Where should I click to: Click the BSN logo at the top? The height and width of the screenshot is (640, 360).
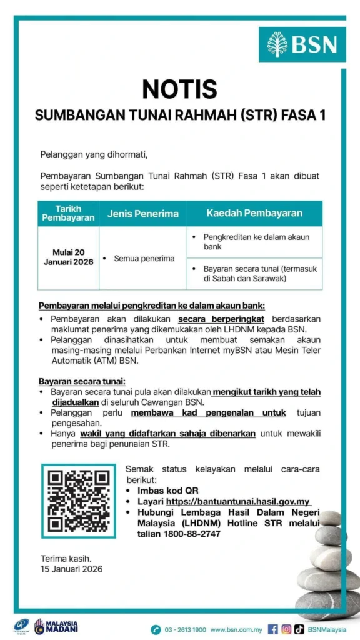click(x=302, y=44)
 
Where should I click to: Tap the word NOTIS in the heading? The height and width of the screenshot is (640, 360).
click(x=179, y=89)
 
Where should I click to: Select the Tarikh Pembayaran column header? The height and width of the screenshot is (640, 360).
click(x=68, y=213)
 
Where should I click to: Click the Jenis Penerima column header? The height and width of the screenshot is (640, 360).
click(x=142, y=214)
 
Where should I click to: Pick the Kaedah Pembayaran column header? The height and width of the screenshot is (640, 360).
click(x=254, y=213)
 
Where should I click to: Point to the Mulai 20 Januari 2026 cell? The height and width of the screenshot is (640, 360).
click(x=68, y=257)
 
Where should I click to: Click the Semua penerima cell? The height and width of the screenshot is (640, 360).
click(x=144, y=258)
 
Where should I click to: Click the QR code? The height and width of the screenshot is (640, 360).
click(x=79, y=501)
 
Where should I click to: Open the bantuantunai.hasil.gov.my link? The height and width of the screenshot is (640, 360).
click(x=238, y=501)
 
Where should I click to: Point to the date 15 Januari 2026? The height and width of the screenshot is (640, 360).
click(x=71, y=569)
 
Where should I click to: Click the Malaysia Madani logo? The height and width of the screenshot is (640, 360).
click(x=56, y=626)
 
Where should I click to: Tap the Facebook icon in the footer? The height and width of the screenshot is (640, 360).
click(x=272, y=629)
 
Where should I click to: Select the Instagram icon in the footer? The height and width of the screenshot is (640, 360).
click(x=286, y=629)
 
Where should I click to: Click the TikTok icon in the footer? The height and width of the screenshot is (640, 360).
click(x=299, y=629)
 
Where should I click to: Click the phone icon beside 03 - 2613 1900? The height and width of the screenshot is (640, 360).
click(x=156, y=629)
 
